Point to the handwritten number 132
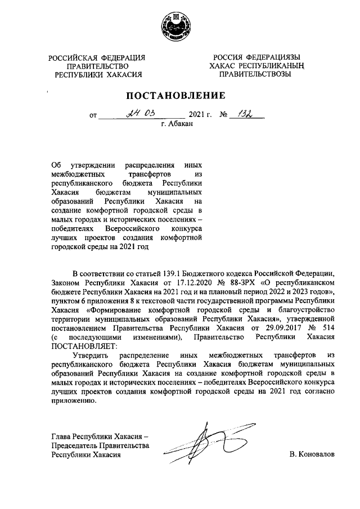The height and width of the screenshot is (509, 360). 245,114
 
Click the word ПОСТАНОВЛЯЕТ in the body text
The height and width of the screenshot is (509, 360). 80,345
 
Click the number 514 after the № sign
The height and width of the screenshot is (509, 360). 328,327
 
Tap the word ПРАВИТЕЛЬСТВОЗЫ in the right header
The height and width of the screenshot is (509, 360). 255,74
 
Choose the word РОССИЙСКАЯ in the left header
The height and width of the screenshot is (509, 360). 70,57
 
